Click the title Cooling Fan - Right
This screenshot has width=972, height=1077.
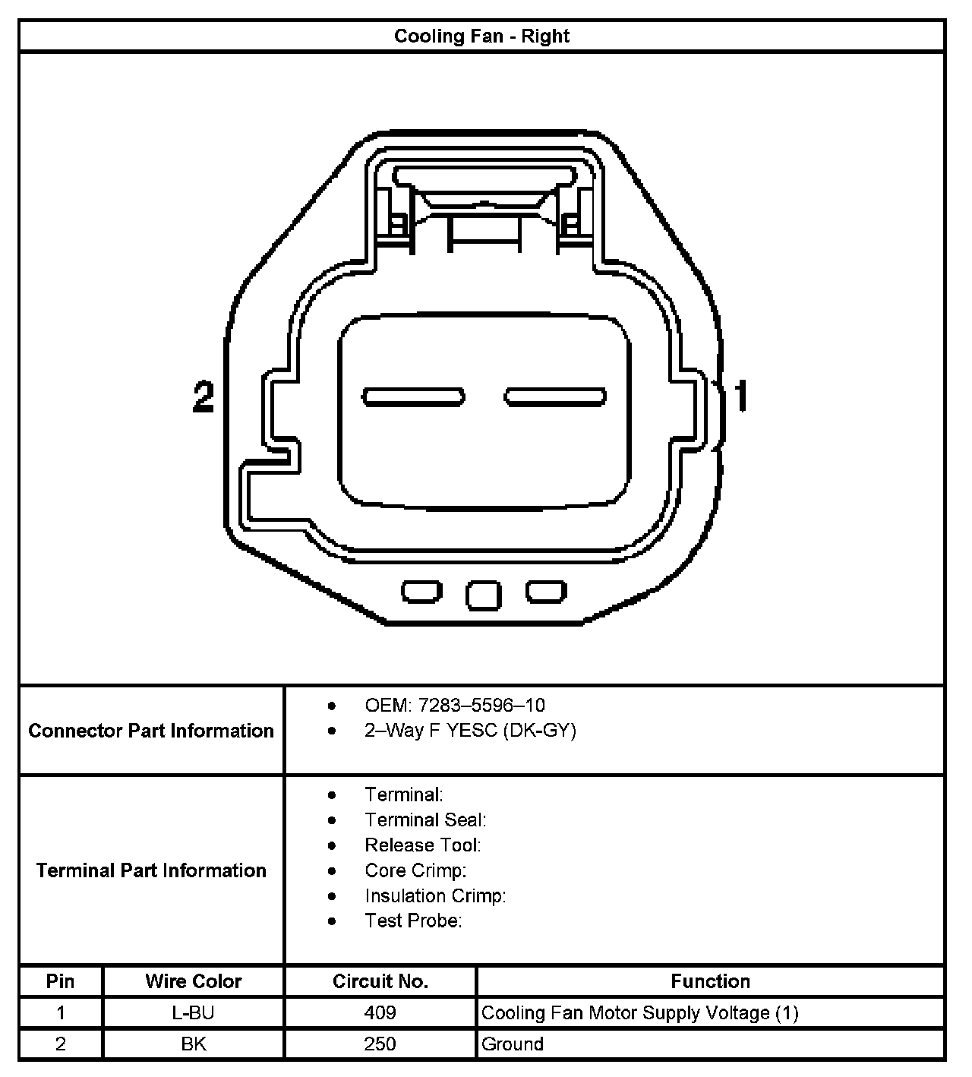(481, 36)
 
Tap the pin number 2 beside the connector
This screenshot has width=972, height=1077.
(204, 396)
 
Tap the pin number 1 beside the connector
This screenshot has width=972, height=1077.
(740, 396)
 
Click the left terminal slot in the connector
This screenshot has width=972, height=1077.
(414, 396)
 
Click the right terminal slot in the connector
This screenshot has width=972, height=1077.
(556, 396)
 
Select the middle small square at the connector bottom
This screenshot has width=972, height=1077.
(484, 595)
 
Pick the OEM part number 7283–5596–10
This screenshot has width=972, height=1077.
(481, 706)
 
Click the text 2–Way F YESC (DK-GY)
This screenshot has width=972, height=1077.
(470, 731)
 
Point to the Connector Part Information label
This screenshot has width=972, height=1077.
(151, 731)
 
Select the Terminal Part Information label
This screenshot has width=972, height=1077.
(151, 870)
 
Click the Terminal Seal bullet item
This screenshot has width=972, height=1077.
(425, 820)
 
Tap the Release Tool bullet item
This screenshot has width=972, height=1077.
(422, 845)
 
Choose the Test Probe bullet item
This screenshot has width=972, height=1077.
(413, 921)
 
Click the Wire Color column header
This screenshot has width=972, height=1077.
(193, 981)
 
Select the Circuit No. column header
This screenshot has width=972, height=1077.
(380, 981)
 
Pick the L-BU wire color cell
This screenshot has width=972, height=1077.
(193, 1012)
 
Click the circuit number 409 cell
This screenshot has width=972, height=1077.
(380, 1012)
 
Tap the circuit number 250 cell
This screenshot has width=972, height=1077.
(380, 1044)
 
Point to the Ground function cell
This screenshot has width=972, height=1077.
(513, 1044)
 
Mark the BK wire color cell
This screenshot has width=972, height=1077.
(193, 1044)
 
